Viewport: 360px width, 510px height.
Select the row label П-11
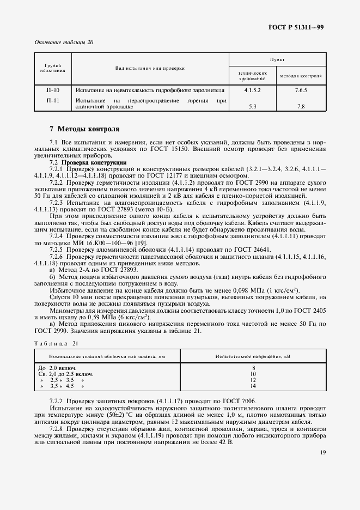tap(53, 101)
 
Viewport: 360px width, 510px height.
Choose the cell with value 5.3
tap(253, 107)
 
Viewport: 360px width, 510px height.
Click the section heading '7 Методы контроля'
tap(84, 130)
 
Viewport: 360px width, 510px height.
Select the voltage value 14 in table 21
tap(253, 386)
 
